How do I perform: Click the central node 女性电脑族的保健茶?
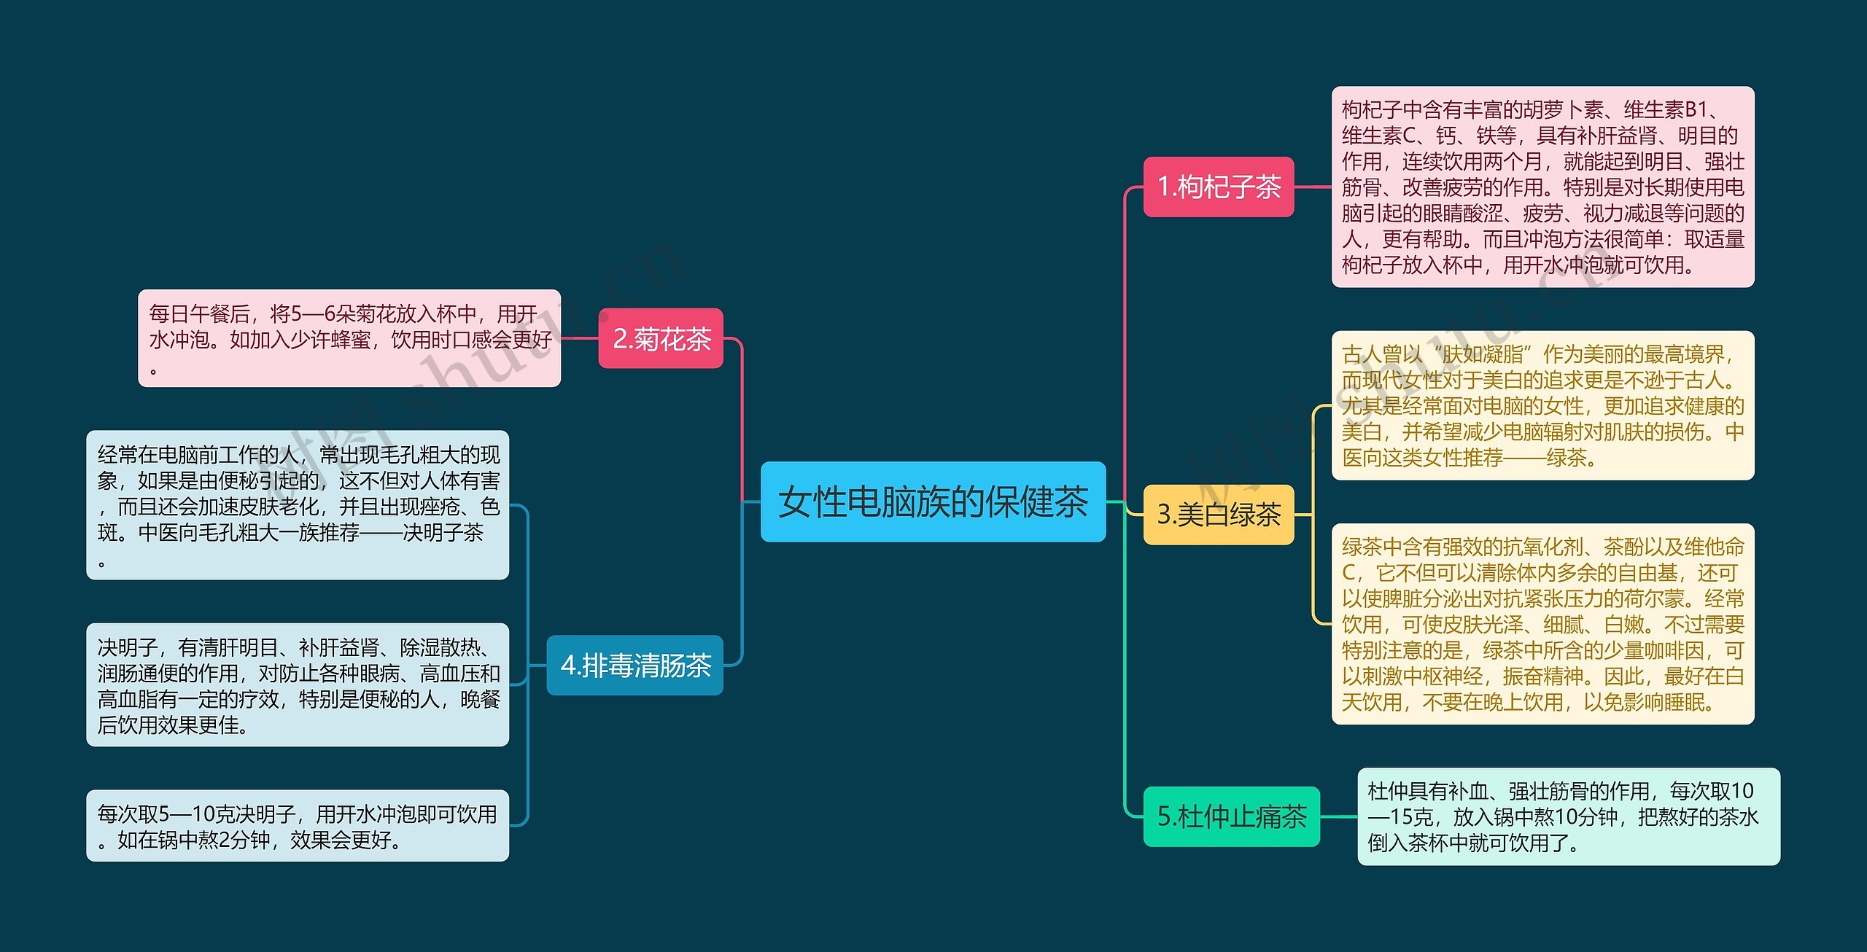pyautogui.click(x=933, y=502)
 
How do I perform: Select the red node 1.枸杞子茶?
pyautogui.click(x=1218, y=187)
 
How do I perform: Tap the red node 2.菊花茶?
pyautogui.click(x=661, y=338)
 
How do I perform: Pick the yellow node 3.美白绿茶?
pyautogui.click(x=1218, y=515)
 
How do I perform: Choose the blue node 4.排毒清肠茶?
pyautogui.click(x=634, y=665)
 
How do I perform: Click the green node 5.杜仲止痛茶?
pyautogui.click(x=1231, y=816)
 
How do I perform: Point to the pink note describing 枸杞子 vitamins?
pyautogui.click(x=1542, y=187)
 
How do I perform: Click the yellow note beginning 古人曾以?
pyautogui.click(x=1542, y=405)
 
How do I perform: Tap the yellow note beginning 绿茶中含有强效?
pyautogui.click(x=1542, y=624)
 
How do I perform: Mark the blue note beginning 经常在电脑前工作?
pyautogui.click(x=298, y=505)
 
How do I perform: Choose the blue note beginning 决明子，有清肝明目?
pyautogui.click(x=298, y=684)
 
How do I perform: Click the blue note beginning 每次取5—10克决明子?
pyautogui.click(x=298, y=826)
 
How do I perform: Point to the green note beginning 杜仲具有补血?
pyautogui.click(x=1568, y=816)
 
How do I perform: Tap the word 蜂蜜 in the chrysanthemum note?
pyautogui.click(x=351, y=340)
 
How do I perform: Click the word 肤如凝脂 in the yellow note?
pyautogui.click(x=1483, y=354)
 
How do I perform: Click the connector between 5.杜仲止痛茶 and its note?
pyautogui.click(x=1338, y=816)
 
